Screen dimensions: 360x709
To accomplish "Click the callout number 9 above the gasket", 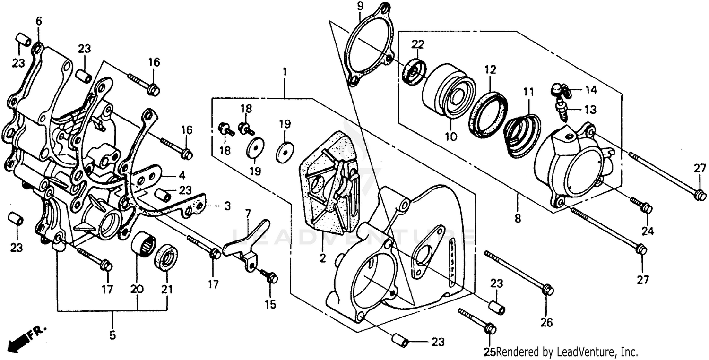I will coord(360,7).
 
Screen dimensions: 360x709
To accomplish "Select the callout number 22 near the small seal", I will coord(418,44).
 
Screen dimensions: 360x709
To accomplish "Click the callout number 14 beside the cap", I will coord(591,89).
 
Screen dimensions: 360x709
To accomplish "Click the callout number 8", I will coord(517,219).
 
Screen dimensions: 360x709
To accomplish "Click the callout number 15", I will coord(270,305).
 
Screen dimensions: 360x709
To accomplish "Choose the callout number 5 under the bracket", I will coord(112,335).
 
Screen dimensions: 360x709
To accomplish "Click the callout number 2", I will coord(322,258).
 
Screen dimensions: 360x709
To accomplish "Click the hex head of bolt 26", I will coord(548,290).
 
